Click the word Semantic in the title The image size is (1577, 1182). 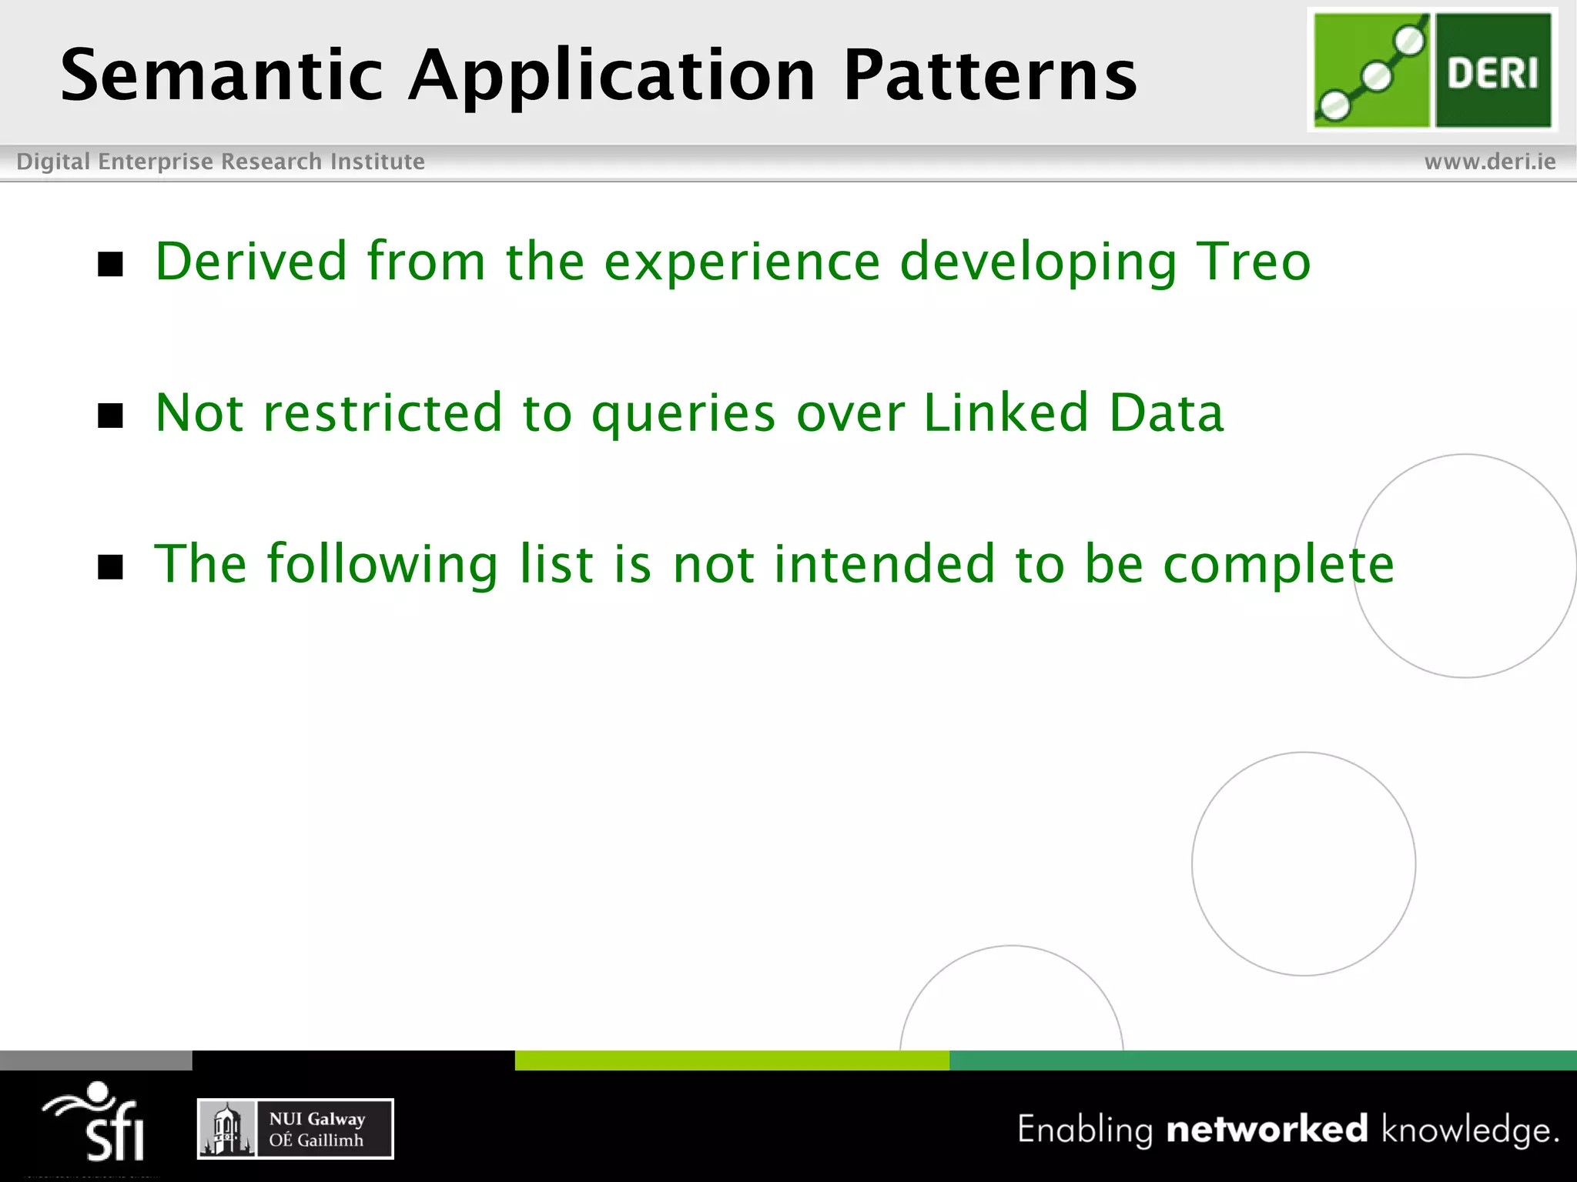click(222, 75)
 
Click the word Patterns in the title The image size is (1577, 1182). click(989, 75)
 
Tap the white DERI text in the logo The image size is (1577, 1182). click(1492, 73)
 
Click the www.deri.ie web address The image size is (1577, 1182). click(1489, 162)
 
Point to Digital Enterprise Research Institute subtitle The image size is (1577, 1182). click(220, 162)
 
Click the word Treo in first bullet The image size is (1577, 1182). click(1253, 262)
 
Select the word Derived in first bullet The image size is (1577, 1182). click(251, 262)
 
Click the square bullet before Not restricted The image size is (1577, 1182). click(111, 416)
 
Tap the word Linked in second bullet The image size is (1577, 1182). click(1006, 413)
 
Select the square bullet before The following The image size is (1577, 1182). click(111, 567)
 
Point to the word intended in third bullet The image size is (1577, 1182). click(884, 564)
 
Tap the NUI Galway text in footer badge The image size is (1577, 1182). click(316, 1119)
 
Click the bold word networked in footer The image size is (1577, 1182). click(1267, 1130)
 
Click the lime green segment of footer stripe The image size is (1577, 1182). click(732, 1060)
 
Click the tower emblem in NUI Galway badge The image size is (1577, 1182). click(226, 1129)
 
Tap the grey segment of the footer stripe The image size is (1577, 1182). click(95, 1060)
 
